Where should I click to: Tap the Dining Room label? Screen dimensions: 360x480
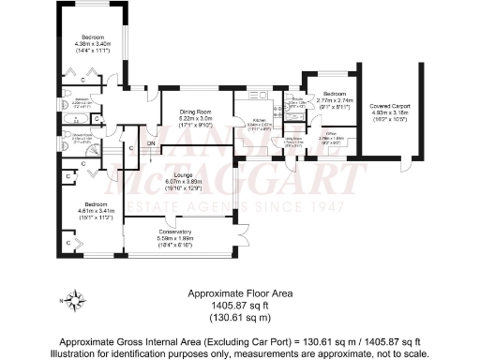pyautogui.click(x=197, y=113)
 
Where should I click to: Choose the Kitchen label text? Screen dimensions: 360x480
pyautogui.click(x=261, y=120)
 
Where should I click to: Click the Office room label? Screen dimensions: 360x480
pyautogui.click(x=331, y=133)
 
